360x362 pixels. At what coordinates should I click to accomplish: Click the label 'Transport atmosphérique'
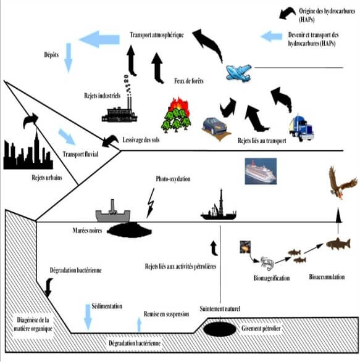click(x=157, y=35)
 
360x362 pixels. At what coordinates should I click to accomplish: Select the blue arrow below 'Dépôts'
click(x=68, y=66)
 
